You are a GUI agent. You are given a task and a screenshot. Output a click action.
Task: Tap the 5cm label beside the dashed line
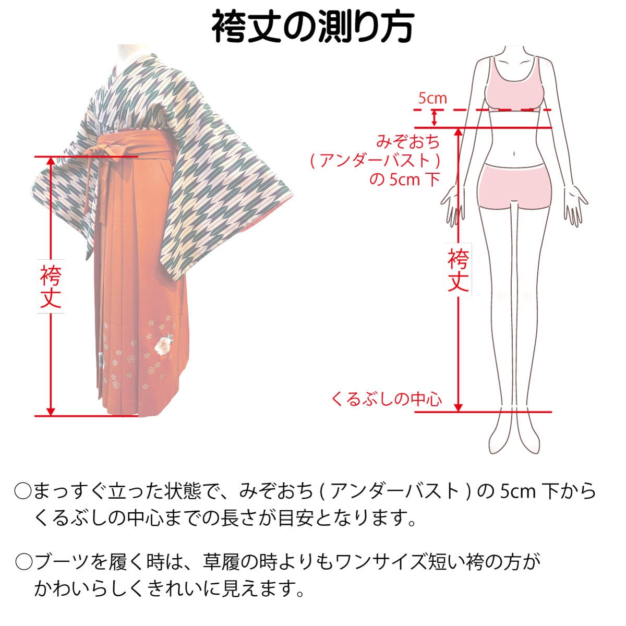[x=432, y=98]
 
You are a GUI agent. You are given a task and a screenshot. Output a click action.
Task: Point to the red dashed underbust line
[x=483, y=110]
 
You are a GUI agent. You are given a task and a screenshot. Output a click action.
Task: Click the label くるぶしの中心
[x=387, y=400]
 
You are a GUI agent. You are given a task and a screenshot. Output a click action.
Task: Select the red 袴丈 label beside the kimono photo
[x=51, y=286]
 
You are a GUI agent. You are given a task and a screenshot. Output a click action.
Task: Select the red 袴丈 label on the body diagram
[x=458, y=270]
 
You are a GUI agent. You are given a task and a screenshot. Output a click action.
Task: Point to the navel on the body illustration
[x=515, y=154]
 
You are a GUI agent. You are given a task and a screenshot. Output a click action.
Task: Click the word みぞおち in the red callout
[x=408, y=141]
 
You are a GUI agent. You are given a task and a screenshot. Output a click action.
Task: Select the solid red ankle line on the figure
[x=483, y=412]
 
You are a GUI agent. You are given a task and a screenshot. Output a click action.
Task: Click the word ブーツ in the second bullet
[x=63, y=562]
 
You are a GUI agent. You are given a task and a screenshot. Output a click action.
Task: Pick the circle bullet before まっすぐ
[x=24, y=491]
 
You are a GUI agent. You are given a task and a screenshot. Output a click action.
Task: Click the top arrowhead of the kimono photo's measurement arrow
[x=51, y=161]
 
